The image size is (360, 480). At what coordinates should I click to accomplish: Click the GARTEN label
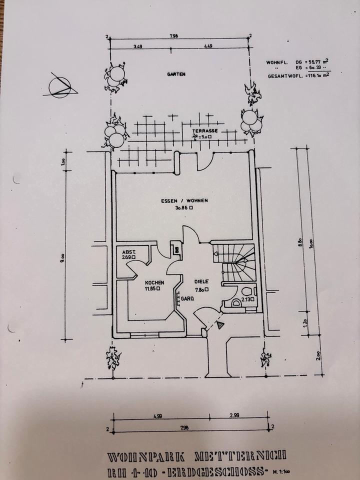[x=176, y=74]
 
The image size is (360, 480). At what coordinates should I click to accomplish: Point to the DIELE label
[x=201, y=281]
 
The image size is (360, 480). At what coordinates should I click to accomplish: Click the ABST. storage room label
[x=129, y=251]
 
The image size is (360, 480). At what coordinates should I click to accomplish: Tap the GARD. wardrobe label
[x=187, y=299]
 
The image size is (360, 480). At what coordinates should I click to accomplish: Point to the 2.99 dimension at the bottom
[x=235, y=414]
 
